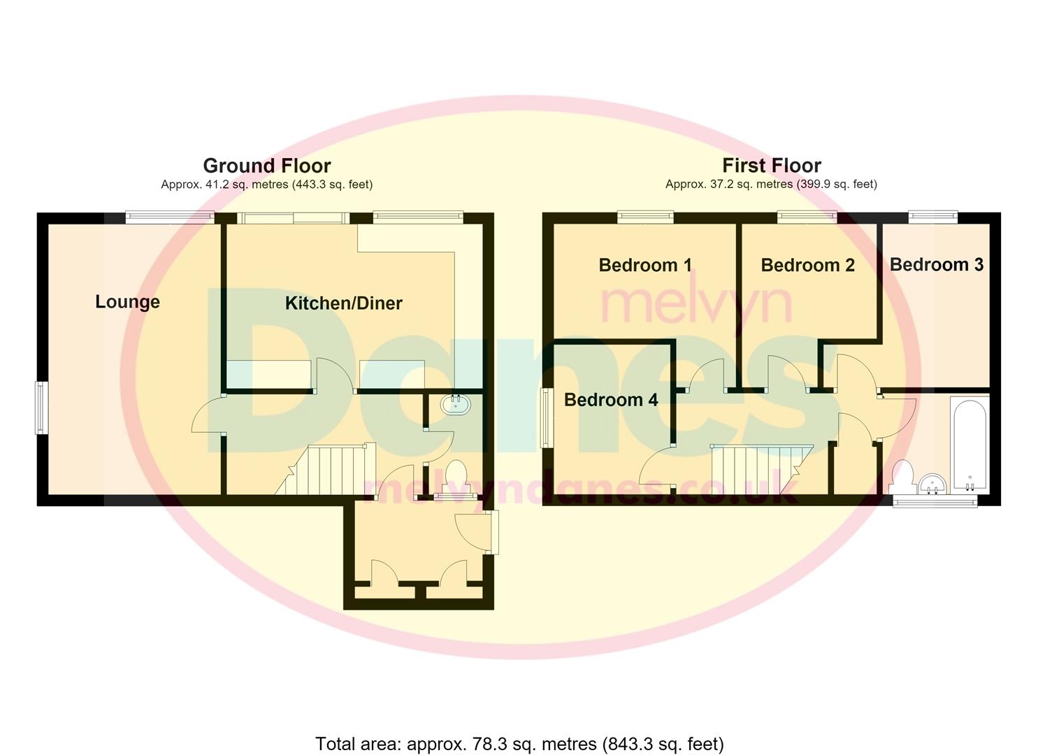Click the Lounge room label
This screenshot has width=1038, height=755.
click(127, 302)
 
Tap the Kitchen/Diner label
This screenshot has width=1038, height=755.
click(343, 303)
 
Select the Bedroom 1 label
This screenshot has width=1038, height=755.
click(645, 265)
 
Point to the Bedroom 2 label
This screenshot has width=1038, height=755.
click(808, 265)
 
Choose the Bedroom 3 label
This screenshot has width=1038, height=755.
click(937, 265)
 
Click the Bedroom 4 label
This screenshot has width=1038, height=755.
click(611, 400)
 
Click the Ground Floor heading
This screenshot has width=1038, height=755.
click(267, 166)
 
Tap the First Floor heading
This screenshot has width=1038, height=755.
click(772, 166)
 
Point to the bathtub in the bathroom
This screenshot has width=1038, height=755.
click(970, 445)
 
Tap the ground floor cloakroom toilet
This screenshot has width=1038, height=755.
click(456, 477)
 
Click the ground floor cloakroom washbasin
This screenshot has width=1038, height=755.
click(455, 405)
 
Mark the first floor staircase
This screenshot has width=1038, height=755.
click(762, 470)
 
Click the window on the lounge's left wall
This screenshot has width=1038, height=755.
click(42, 408)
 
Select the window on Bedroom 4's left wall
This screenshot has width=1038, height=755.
click(547, 418)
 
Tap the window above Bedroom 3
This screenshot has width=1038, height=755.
click(933, 217)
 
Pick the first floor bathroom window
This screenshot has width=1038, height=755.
click(935, 501)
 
